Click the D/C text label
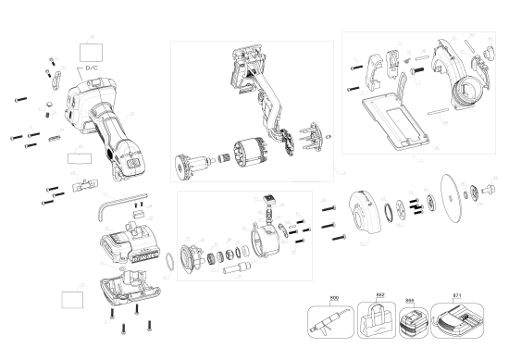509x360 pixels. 93,68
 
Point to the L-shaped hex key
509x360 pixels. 115,208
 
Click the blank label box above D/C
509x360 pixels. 91,45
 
